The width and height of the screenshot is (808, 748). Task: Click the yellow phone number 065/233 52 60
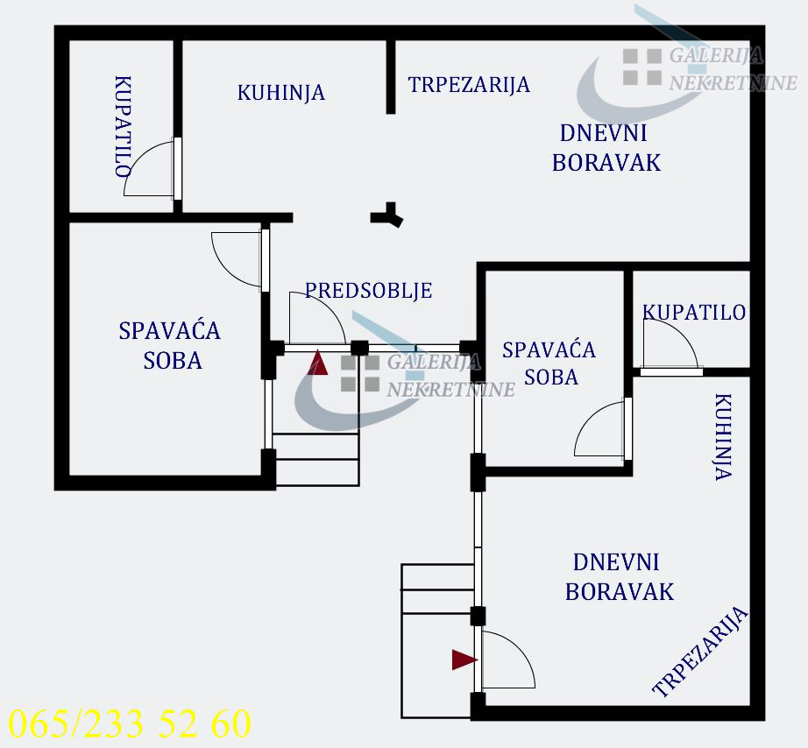[130, 723]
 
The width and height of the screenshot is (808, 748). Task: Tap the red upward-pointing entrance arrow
[318, 363]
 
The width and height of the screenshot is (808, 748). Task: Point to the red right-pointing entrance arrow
[464, 660]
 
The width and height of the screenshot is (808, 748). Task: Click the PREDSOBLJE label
[368, 291]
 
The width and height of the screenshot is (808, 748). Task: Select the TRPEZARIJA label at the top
[469, 85]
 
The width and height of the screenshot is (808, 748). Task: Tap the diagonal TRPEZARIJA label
[700, 652]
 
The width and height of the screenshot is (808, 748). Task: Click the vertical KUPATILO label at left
[123, 127]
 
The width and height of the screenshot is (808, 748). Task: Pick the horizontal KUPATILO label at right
[694, 312]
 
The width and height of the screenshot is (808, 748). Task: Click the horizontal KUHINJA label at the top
[280, 93]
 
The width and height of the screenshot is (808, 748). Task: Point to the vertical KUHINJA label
[723, 437]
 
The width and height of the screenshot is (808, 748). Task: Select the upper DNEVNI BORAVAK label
[606, 148]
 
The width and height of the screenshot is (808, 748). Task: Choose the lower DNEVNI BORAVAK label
[620, 577]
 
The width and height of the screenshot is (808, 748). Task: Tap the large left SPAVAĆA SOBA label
[169, 346]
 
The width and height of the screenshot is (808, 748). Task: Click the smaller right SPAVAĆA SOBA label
[549, 363]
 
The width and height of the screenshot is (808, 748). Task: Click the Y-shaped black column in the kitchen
[387, 215]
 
